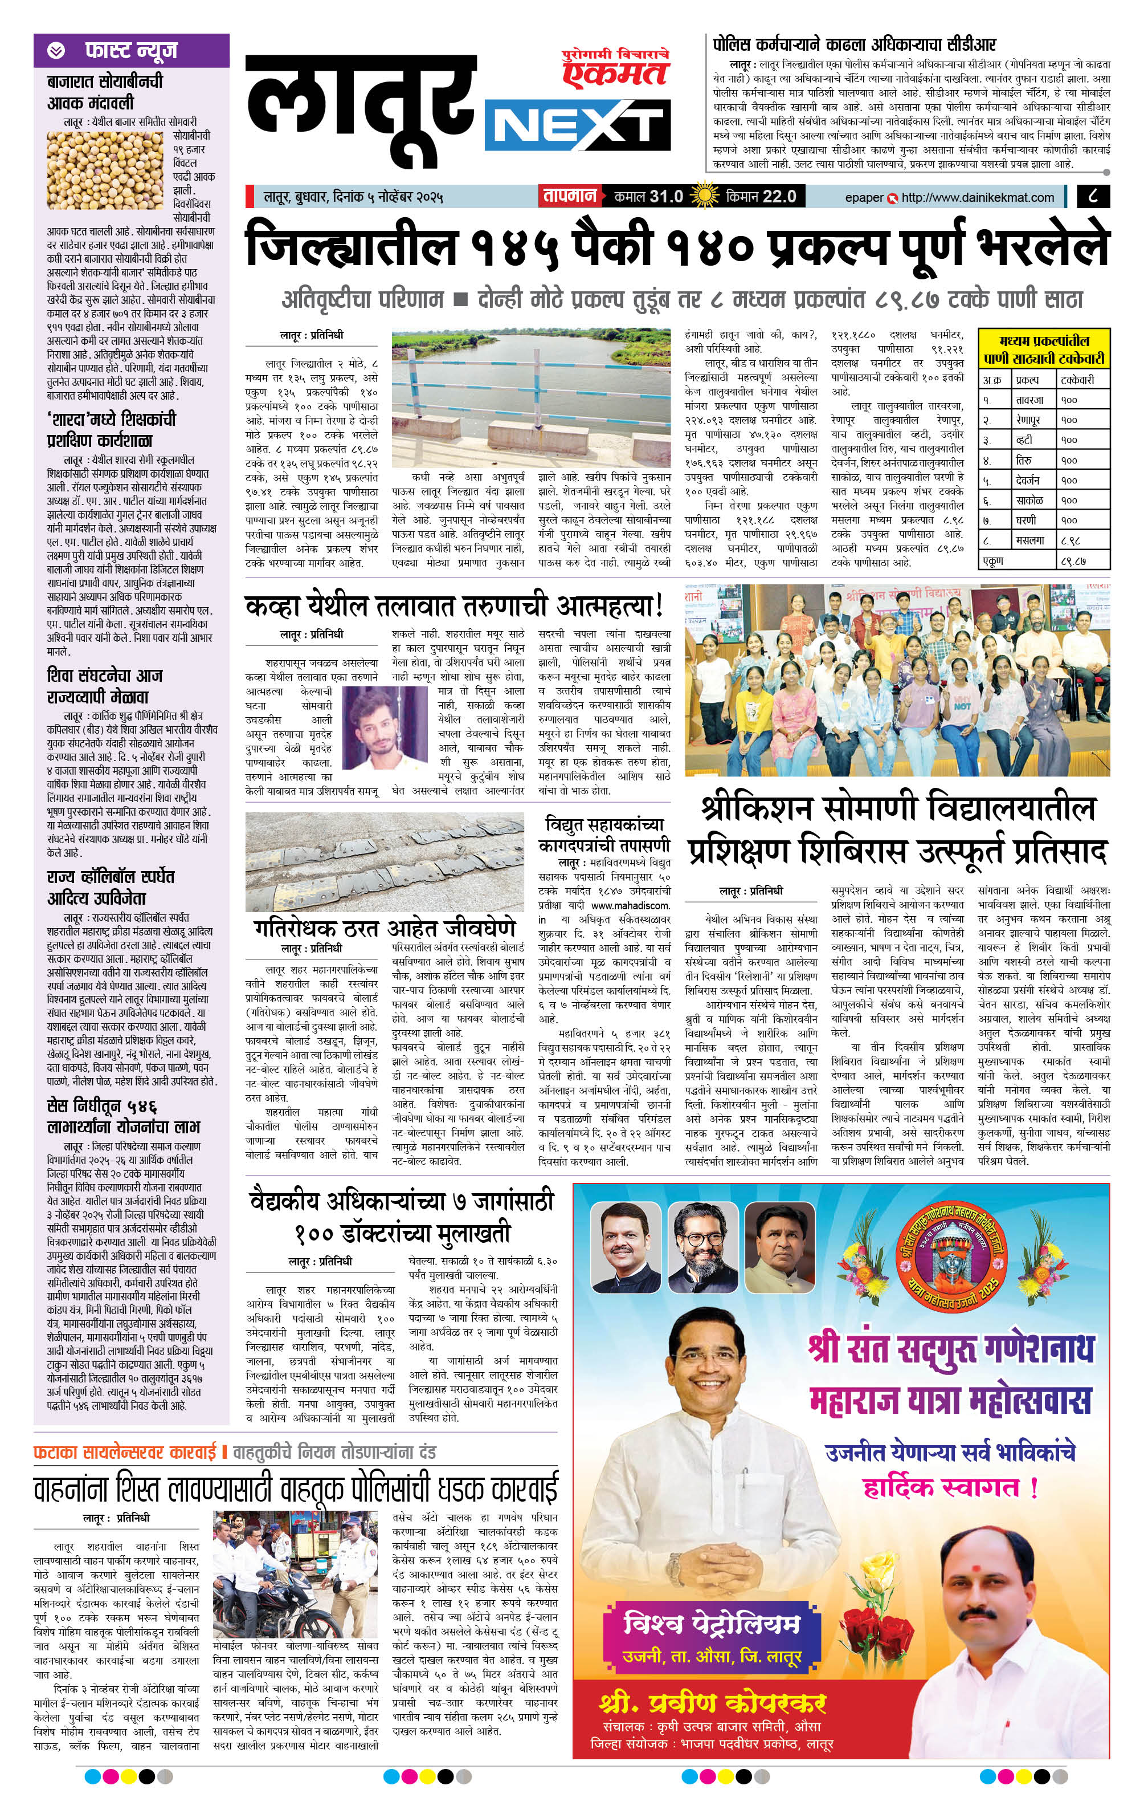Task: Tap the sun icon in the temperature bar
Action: point(705,196)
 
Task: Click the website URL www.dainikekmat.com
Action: point(977,197)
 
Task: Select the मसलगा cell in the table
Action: point(1029,540)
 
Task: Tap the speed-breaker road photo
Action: point(385,861)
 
